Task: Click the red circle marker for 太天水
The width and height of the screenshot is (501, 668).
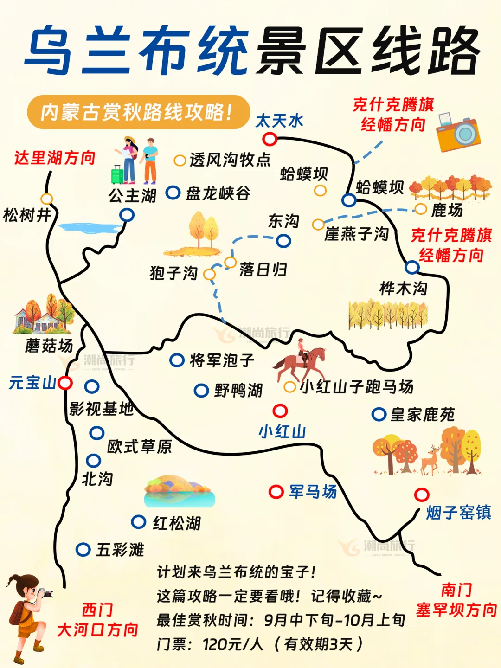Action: [270, 139]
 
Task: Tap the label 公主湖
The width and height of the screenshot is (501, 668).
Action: [132, 196]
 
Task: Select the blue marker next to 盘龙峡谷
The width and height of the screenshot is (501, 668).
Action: [173, 193]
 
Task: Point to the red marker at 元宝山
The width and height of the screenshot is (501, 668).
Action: [65, 383]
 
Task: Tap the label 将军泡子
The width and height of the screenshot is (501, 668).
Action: [222, 360]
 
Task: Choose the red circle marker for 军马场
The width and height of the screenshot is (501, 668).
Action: [276, 492]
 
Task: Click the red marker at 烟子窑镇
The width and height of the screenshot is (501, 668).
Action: [422, 495]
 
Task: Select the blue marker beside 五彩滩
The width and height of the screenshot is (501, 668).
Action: [83, 550]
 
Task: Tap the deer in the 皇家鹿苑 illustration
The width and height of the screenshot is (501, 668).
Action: [431, 459]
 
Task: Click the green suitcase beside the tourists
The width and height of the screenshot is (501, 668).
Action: [117, 174]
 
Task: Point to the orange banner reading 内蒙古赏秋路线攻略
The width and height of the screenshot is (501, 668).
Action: [138, 112]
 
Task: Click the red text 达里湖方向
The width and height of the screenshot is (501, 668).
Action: [55, 158]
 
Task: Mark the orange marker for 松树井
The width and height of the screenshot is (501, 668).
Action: [46, 199]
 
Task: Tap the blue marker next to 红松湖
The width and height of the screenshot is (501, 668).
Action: [138, 522]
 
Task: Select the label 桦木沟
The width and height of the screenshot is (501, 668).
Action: [403, 289]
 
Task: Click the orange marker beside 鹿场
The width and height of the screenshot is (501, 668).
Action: [421, 209]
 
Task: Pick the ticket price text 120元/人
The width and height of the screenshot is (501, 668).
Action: [233, 644]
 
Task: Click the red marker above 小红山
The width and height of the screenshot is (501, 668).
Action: [280, 411]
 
